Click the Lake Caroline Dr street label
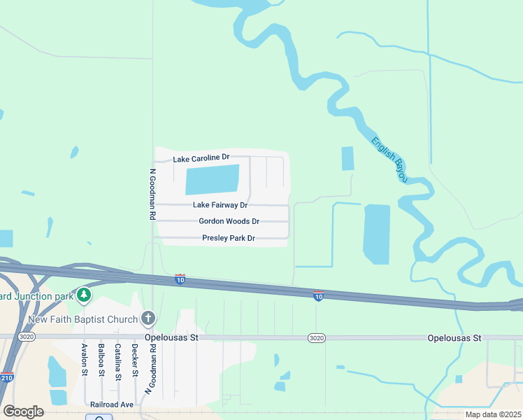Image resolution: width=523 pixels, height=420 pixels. (x=201, y=159)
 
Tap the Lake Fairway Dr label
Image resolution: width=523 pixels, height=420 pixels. (x=220, y=205)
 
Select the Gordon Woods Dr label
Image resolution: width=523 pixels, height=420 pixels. (x=229, y=221)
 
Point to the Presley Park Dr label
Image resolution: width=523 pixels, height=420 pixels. (x=229, y=239)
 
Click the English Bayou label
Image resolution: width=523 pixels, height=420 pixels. (x=389, y=160)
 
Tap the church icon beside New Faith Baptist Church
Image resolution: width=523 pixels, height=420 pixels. (x=148, y=319)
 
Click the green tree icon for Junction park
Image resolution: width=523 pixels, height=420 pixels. (x=84, y=295)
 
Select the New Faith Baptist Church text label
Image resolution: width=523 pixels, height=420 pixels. (x=83, y=320)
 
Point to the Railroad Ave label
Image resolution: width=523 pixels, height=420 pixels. (x=112, y=405)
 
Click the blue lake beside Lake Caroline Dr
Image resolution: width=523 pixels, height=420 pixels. (x=212, y=179)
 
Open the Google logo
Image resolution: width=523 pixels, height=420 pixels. (x=23, y=412)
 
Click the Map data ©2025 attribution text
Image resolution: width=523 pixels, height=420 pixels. (x=493, y=414)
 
